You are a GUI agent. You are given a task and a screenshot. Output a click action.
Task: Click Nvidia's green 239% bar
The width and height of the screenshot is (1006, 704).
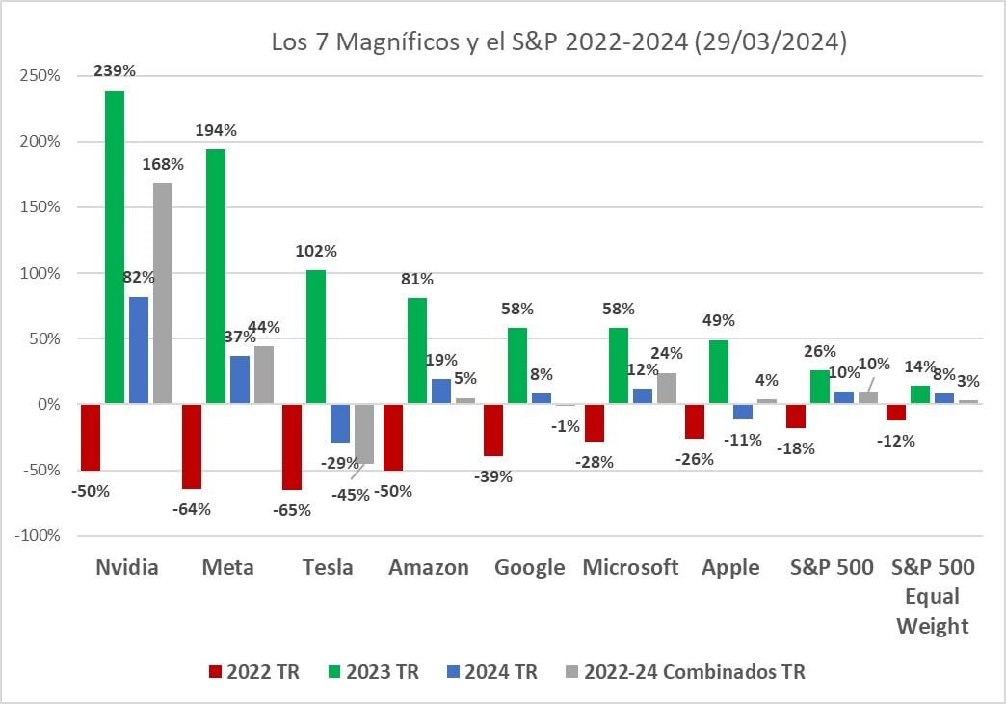[x=115, y=247]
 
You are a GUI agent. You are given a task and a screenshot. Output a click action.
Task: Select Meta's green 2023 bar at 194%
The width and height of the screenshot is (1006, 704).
[x=215, y=277]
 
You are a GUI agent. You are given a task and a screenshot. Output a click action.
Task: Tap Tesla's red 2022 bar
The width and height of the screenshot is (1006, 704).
[x=291, y=447]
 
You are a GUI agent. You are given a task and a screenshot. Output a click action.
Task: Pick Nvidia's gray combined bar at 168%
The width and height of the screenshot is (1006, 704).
[x=163, y=293]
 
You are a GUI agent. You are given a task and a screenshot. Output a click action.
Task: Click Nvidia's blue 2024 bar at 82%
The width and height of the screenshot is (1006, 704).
[x=139, y=350]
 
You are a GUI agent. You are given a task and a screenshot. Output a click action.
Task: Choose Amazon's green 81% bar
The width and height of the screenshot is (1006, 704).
[x=417, y=351]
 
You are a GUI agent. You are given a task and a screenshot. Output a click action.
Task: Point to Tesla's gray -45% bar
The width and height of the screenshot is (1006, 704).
[x=364, y=434]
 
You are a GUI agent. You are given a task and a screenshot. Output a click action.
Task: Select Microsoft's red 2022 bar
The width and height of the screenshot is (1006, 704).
[x=595, y=422]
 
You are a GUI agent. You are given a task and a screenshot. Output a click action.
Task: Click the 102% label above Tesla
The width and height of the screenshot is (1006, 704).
[x=316, y=251]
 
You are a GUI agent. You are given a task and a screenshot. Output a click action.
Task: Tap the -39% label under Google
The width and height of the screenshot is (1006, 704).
[x=493, y=476]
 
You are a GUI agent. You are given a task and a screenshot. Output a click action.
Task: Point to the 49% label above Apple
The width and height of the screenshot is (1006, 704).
[x=719, y=320]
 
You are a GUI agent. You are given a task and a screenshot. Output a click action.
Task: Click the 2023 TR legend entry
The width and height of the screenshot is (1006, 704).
[x=373, y=672]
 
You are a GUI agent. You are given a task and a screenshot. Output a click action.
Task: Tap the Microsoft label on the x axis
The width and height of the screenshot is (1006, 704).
[x=630, y=567]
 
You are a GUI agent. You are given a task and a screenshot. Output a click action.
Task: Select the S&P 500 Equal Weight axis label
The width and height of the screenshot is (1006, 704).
[x=933, y=596]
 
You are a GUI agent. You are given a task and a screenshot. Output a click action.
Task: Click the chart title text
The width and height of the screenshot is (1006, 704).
[x=559, y=43]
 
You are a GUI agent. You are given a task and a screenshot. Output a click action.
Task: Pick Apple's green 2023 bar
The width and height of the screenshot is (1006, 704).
[x=719, y=372]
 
